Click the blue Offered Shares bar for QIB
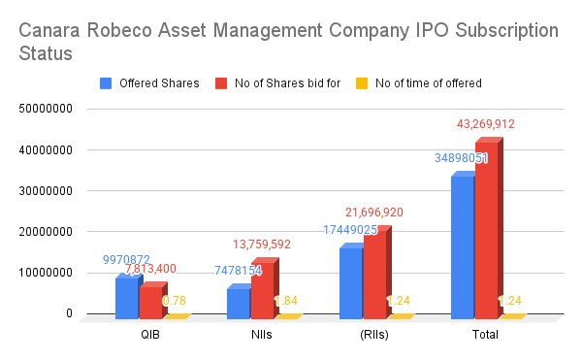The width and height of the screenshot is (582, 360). (126, 298)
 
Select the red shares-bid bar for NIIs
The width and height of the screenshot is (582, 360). (262, 288)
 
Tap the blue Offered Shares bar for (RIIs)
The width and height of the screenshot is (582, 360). (350, 282)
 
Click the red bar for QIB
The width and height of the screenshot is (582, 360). (150, 302)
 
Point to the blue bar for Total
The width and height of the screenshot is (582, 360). (462, 246)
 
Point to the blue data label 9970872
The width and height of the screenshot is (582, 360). (126, 260)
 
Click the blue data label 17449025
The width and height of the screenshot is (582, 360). (350, 230)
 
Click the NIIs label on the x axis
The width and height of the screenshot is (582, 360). (262, 335)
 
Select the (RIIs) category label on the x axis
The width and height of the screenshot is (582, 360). (373, 335)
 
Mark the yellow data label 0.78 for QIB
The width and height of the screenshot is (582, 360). (175, 301)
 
